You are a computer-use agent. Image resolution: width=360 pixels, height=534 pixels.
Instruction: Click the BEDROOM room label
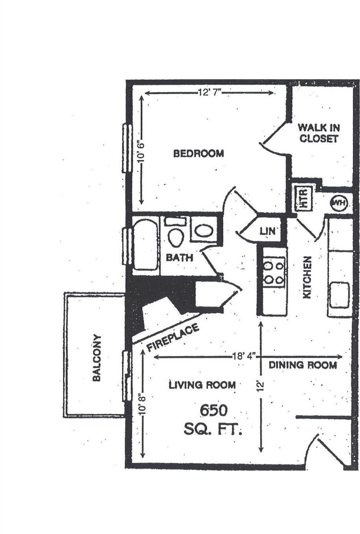pyautogui.click(x=199, y=154)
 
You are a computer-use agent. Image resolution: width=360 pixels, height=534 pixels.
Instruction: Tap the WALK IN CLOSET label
pyautogui.click(x=319, y=133)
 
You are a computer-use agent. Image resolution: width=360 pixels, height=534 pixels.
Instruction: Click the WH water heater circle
pyautogui.click(x=339, y=203)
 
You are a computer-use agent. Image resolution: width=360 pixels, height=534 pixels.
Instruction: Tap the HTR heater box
pyautogui.click(x=304, y=199)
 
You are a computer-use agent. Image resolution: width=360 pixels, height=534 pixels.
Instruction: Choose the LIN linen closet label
pyautogui.click(x=267, y=231)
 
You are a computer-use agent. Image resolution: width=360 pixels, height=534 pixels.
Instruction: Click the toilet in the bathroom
pyautogui.click(x=176, y=234)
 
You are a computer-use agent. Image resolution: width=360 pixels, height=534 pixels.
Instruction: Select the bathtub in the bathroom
pyautogui.click(x=146, y=244)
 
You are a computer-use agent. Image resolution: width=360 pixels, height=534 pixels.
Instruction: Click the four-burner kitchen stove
pyautogui.click(x=274, y=272)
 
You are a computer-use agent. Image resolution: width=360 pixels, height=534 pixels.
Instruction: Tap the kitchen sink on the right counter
pyautogui.click(x=340, y=295)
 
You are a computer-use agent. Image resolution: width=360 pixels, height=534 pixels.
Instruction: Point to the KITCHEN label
pyautogui.click(x=307, y=277)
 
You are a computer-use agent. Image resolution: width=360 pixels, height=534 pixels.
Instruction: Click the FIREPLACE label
pyautogui.click(x=173, y=337)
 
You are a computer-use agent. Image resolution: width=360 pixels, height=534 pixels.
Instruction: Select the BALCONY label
pyautogui.click(x=97, y=357)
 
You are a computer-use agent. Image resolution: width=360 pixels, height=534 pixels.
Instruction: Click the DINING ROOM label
pyautogui.click(x=302, y=365)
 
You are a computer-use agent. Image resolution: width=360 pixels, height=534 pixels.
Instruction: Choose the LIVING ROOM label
pyautogui.click(x=202, y=385)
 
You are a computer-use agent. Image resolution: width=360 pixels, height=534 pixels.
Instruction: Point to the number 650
pyautogui.click(x=214, y=411)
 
